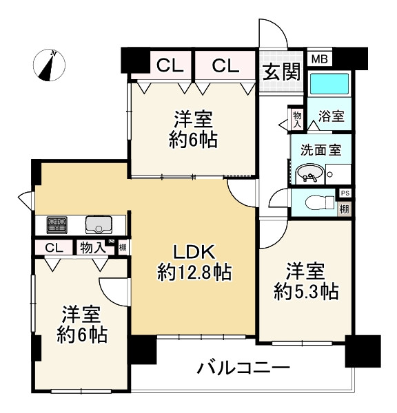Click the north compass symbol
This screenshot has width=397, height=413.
49,65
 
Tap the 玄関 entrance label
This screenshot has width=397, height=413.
282,72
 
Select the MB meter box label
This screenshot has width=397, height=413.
319,59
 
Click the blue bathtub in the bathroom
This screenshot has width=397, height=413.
329,84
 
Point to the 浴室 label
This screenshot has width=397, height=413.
332,116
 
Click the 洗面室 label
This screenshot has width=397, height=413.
320,149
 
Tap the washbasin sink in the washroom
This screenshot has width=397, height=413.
309,174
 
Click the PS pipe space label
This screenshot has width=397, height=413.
345,193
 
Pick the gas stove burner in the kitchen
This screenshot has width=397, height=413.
57,225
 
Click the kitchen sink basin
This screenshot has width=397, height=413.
99,224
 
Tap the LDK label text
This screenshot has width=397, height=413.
194,253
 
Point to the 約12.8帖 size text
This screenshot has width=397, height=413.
194,272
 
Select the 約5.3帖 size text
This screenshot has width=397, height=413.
306,291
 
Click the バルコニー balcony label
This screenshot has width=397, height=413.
243,368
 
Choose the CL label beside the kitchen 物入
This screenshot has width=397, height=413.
54,248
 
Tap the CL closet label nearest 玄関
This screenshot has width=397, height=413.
225,65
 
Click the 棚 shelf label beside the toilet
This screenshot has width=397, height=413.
344,209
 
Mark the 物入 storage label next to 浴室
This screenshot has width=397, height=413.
297,120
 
